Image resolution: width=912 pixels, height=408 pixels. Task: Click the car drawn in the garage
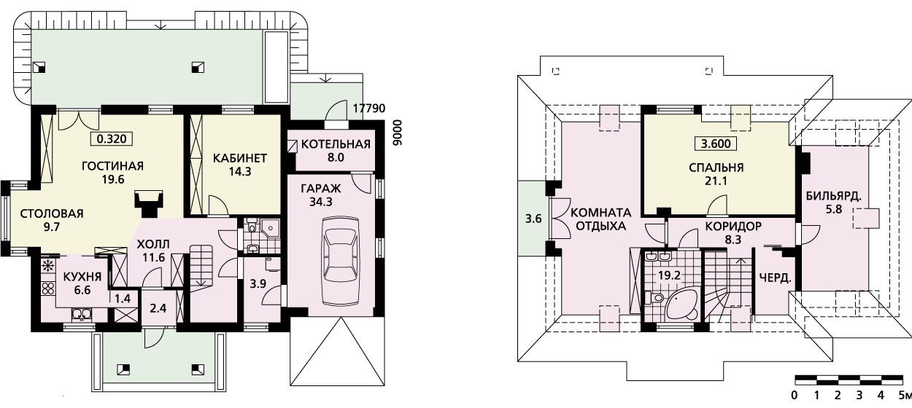pyautogui.click(x=341, y=261)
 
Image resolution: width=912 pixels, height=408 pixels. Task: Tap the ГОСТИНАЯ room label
pyautogui.click(x=113, y=166)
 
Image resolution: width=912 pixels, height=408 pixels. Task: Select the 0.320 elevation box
pyautogui.click(x=112, y=139)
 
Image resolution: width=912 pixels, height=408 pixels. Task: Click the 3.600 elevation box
pyautogui.click(x=715, y=144)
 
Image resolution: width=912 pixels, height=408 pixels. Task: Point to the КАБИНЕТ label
pyautogui.click(x=240, y=158)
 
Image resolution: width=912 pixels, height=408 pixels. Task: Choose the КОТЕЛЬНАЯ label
pyautogui.click(x=336, y=144)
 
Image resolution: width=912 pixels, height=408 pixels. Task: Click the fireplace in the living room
pyautogui.click(x=148, y=203)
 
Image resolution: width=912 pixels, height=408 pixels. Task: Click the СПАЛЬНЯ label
pyautogui.click(x=716, y=168)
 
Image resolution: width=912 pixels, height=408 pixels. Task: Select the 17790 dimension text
pyautogui.click(x=369, y=109)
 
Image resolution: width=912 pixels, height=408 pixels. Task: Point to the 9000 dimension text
pyautogui.click(x=397, y=133)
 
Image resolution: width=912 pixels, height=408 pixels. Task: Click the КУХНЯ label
pyautogui.click(x=82, y=277)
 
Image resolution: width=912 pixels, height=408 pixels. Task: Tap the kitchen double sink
pyautogui.click(x=82, y=314)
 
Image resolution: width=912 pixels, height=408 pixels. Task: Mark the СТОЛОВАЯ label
pyautogui.click(x=51, y=213)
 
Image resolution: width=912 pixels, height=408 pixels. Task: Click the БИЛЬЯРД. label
pyautogui.click(x=834, y=196)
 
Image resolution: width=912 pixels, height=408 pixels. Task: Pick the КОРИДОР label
pyautogui.click(x=733, y=226)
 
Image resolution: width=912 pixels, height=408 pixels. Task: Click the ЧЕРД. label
pyautogui.click(x=776, y=278)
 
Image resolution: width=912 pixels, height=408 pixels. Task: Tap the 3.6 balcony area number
pyautogui.click(x=533, y=219)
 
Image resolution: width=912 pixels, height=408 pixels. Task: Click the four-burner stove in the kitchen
pyautogui.click(x=48, y=289)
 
